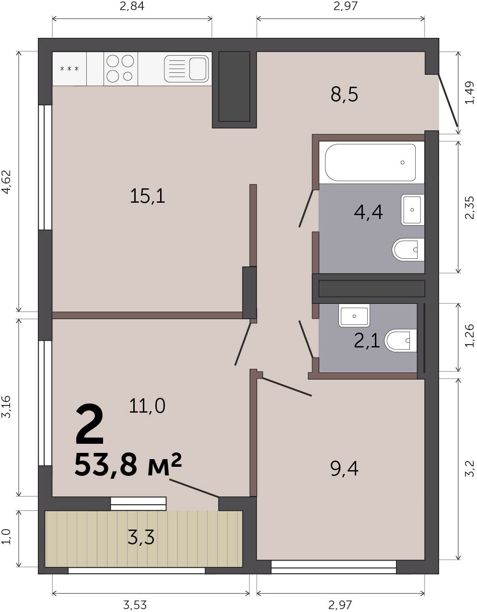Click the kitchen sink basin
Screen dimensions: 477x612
point(186,69)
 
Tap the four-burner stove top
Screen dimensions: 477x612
point(120,69)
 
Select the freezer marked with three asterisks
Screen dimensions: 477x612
point(70,69)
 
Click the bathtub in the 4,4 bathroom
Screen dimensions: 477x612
point(370,162)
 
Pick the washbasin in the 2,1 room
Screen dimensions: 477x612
point(354,315)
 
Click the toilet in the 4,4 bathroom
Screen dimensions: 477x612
point(408,250)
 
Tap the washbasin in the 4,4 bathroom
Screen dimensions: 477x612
point(412,209)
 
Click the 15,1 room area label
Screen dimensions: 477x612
point(148,196)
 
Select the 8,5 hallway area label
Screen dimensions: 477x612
point(344,94)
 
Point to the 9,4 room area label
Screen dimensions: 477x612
point(344,469)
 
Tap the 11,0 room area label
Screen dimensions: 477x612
point(147,406)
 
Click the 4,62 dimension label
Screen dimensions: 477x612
point(6,182)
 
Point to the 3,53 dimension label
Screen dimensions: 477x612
point(135,604)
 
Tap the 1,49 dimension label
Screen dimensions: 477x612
point(469,92)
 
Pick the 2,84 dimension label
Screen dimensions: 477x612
point(132,6)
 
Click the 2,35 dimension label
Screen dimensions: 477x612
point(469,208)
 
